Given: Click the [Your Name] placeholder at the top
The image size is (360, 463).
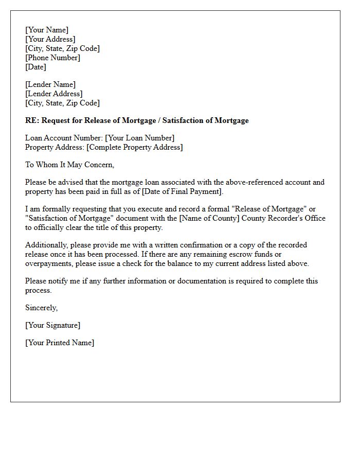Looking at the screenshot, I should coord(47,30).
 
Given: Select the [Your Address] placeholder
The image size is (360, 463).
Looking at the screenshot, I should coord(50,39).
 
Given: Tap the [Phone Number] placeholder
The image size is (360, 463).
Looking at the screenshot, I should coord(52,58).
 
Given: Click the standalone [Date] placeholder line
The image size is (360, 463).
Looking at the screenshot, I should coord(35,67).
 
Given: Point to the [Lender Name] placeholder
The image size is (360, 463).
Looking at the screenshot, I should coord(50,84).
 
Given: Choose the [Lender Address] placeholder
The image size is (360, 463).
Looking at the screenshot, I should coord(53,94).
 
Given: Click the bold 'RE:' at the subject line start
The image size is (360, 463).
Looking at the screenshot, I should coord(32,120).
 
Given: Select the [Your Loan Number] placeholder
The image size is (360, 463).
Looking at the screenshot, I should coord(139,138).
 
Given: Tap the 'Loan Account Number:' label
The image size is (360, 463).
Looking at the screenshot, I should coord(64,138).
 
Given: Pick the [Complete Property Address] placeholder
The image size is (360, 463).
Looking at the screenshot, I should coord(135,147).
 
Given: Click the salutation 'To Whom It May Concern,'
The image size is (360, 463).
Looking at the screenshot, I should coord(70,165).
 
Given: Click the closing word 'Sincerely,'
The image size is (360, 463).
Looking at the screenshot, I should coord(42,308).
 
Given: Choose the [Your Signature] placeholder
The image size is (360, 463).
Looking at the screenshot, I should coord(52,325).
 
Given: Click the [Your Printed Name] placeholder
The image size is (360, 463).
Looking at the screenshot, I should coord(60,343).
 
